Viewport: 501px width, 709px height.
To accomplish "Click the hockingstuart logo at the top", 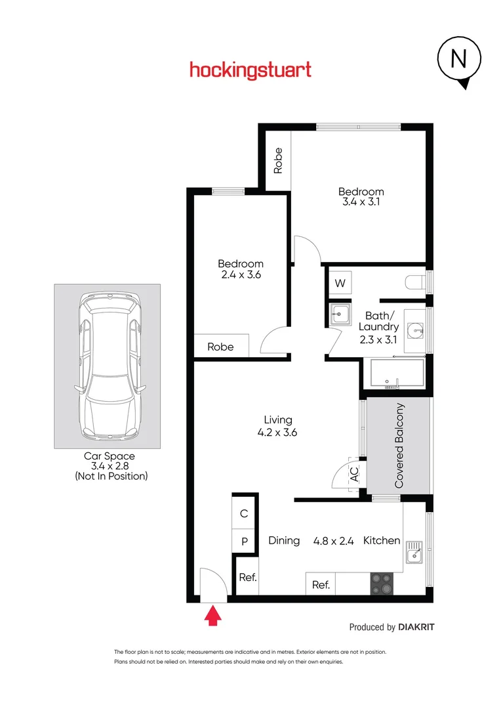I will click(250, 70).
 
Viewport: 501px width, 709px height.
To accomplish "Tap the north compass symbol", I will click(458, 61).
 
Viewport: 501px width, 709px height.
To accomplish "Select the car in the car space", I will click(107, 368).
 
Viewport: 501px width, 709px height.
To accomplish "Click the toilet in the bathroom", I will click(416, 283).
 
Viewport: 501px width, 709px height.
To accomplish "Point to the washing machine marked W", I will click(340, 284).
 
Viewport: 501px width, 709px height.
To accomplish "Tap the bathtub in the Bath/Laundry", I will click(393, 375).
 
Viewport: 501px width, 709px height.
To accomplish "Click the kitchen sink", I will click(413, 553).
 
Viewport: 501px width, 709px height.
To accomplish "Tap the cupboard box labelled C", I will click(244, 514).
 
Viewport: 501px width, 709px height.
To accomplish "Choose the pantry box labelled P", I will click(244, 542).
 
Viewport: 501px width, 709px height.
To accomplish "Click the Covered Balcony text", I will click(399, 446).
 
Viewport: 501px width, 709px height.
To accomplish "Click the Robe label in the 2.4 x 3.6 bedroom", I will click(220, 347).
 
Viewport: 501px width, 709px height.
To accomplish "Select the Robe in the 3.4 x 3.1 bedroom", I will click(278, 160).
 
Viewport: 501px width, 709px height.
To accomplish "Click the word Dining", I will click(284, 541).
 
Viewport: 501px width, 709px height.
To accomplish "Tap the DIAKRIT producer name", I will click(416, 627).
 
